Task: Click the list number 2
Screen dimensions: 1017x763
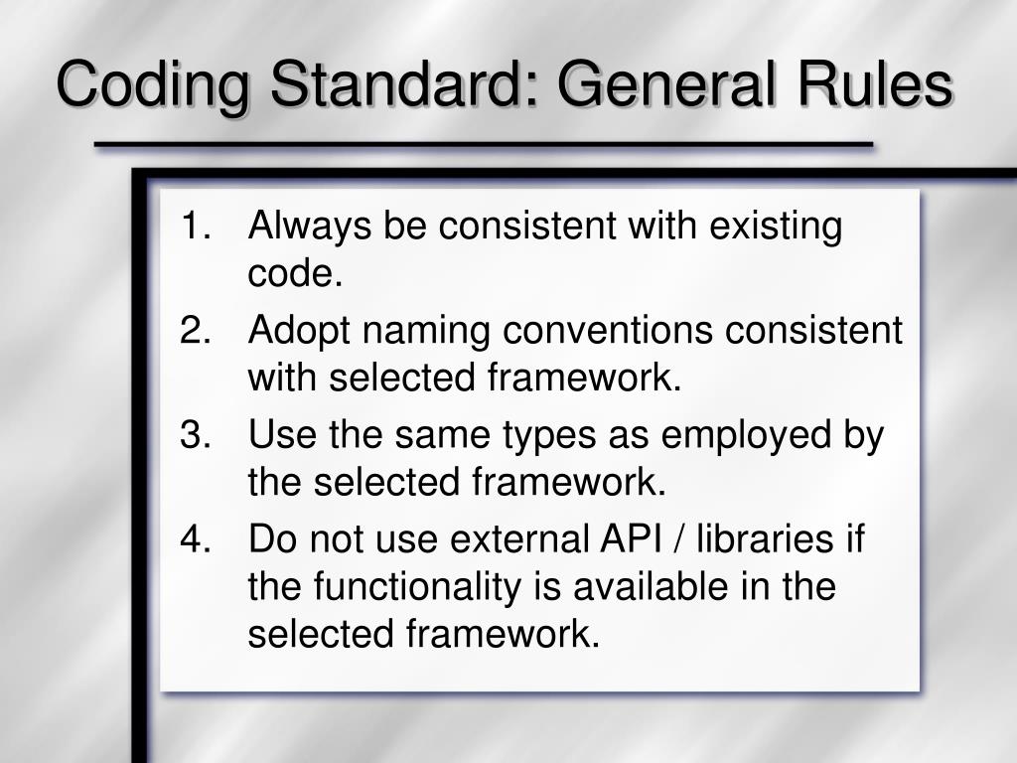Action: (196, 330)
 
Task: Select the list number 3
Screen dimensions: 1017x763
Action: (196, 434)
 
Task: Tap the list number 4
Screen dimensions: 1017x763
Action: (196, 538)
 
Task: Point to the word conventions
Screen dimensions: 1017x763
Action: (608, 330)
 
